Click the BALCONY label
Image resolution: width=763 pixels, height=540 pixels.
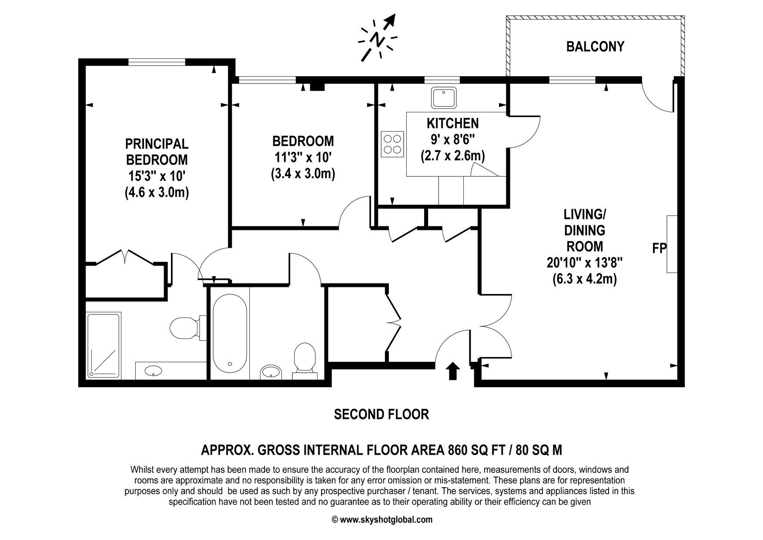coord(595,47)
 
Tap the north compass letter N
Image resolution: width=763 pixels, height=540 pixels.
coord(377,40)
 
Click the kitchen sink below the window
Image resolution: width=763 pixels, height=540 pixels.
coord(444,98)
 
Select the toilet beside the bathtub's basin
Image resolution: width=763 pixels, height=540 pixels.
coord(305,358)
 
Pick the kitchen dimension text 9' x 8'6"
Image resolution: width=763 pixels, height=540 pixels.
coord(452,139)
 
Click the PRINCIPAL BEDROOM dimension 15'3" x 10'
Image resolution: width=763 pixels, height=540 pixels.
coord(157,176)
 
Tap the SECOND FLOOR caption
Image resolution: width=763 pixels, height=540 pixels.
coord(381,414)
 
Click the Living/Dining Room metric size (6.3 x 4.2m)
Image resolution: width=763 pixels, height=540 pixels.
coord(584,279)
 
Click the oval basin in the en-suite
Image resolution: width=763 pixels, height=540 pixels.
coord(153,371)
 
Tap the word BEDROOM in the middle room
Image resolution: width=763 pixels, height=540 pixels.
coord(303,141)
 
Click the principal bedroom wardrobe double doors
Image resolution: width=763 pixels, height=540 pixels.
coord(125,257)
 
